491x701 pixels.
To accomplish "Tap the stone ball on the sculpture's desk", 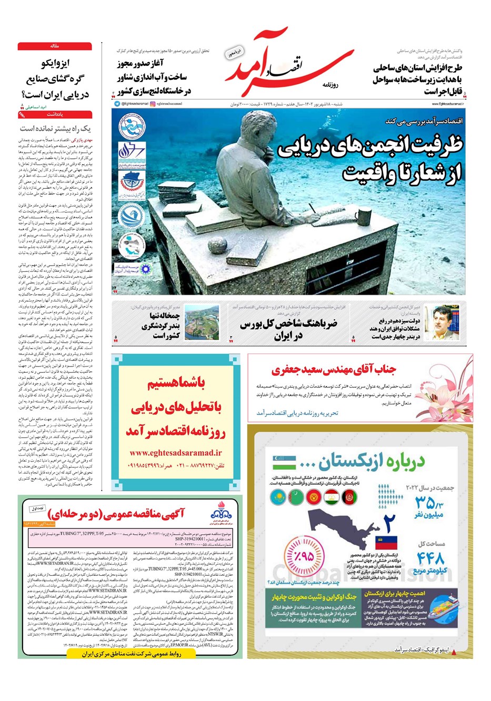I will [216, 246].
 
